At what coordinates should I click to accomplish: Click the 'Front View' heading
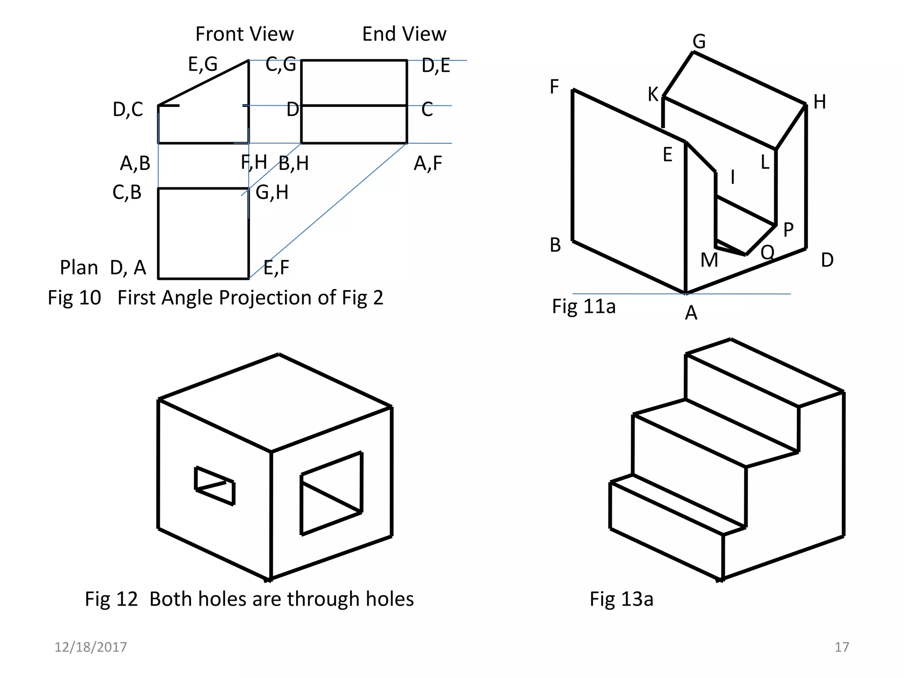pyautogui.click(x=244, y=34)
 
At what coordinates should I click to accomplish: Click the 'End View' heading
pyautogui.click(x=404, y=34)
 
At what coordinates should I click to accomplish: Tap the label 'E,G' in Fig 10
pyautogui.click(x=203, y=64)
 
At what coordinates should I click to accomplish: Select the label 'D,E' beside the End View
pyautogui.click(x=435, y=66)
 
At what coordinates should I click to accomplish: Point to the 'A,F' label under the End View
pyautogui.click(x=427, y=164)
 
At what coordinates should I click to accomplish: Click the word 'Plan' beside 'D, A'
pyautogui.click(x=79, y=268)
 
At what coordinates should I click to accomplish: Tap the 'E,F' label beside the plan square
pyautogui.click(x=276, y=268)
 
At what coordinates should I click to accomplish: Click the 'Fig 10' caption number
pyautogui.click(x=74, y=298)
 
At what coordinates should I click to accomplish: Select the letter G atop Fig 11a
pyautogui.click(x=699, y=42)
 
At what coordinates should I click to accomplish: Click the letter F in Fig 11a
pyautogui.click(x=554, y=87)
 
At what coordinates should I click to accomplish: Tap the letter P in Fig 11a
pyautogui.click(x=788, y=230)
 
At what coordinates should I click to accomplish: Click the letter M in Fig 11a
pyautogui.click(x=709, y=260)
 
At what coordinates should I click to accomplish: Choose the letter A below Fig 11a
pyautogui.click(x=691, y=313)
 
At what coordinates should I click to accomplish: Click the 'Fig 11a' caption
pyautogui.click(x=583, y=306)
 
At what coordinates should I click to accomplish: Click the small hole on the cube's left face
pyautogui.click(x=215, y=486)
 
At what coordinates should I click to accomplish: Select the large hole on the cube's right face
pyautogui.click(x=331, y=493)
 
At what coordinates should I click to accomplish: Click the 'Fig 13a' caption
pyautogui.click(x=621, y=599)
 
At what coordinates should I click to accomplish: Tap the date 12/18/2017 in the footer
pyautogui.click(x=90, y=647)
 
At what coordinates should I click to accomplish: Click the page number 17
pyautogui.click(x=841, y=647)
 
